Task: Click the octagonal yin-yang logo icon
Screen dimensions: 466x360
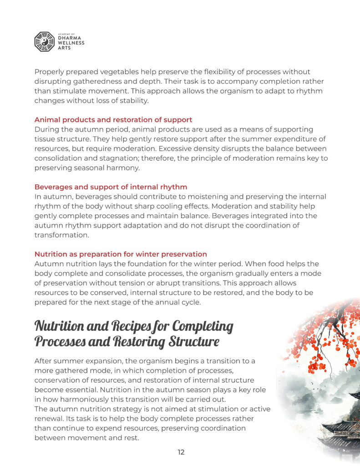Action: coord(45,41)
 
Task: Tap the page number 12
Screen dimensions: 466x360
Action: coord(181,452)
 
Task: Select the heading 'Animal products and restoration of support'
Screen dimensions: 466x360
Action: coord(113,120)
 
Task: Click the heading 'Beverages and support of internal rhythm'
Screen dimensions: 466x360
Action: coord(111,187)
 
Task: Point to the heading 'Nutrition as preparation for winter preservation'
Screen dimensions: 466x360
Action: coord(121,254)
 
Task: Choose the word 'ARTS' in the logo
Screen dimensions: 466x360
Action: coord(65,48)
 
